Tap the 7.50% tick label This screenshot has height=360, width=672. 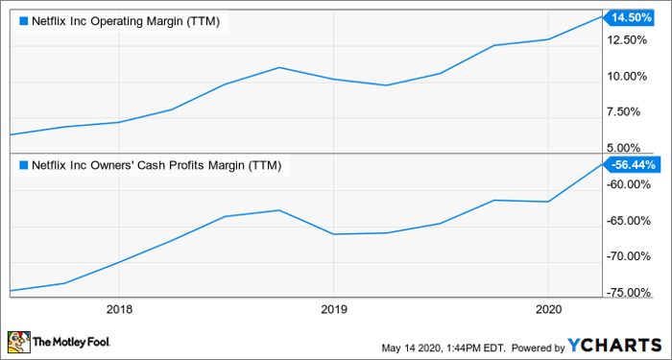tap(634, 112)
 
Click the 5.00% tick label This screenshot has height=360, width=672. tap(634, 148)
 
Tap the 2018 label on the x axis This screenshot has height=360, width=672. tap(119, 310)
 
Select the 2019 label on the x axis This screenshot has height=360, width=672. tap(332, 310)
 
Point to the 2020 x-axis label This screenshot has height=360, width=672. tap(546, 310)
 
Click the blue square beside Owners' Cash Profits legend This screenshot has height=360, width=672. tap(23, 165)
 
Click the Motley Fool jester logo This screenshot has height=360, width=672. tap(18, 342)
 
